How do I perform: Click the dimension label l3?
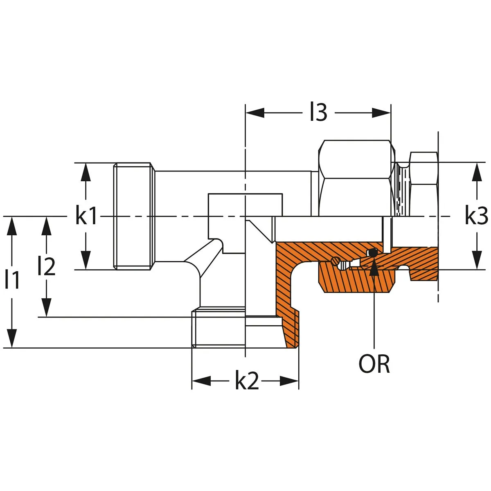pyautogui.click(x=318, y=113)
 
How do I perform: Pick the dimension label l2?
pyautogui.click(x=46, y=266)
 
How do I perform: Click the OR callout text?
pyautogui.click(x=374, y=364)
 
